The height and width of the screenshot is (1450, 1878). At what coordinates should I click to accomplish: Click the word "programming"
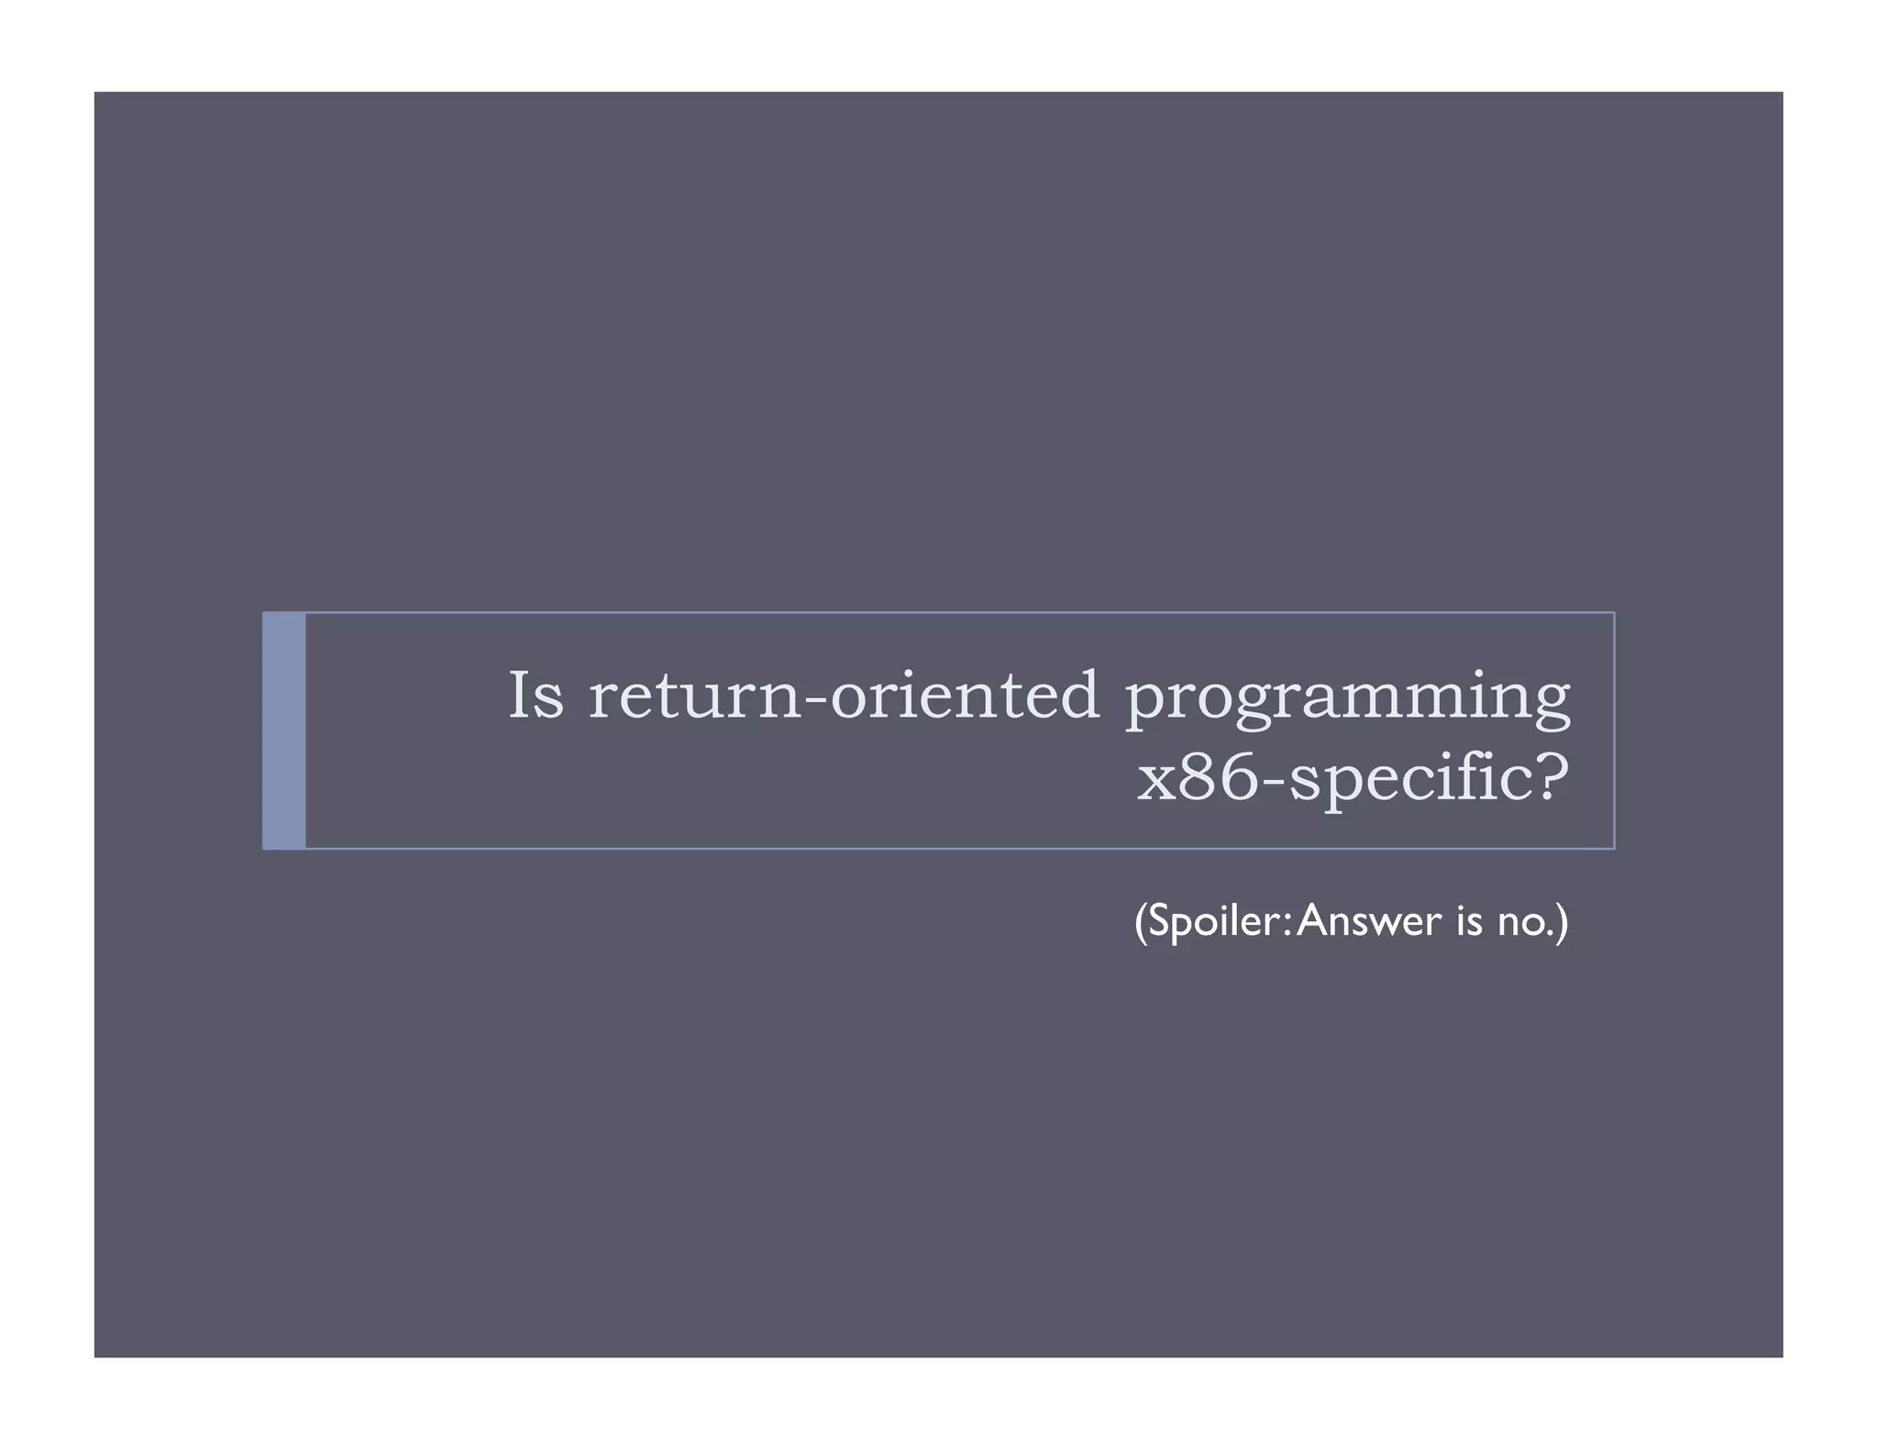pyautogui.click(x=1347, y=698)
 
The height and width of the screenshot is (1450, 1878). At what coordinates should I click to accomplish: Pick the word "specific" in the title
pyautogui.click(x=1402, y=780)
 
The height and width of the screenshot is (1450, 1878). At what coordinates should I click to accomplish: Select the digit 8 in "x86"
pyautogui.click(x=1199, y=778)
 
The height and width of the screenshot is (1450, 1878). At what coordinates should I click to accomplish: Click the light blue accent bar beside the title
pyautogui.click(x=284, y=730)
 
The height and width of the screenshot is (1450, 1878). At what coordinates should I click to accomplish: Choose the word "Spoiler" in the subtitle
pyautogui.click(x=1213, y=921)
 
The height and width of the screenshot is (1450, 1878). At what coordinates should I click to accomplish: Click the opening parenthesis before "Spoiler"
pyautogui.click(x=1141, y=921)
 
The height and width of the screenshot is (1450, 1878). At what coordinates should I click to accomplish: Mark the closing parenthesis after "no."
pyautogui.click(x=1563, y=921)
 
